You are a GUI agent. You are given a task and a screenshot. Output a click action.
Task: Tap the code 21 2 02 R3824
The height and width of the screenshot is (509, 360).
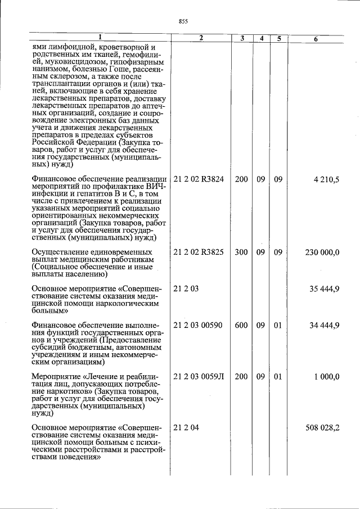pyautogui.click(x=199, y=179)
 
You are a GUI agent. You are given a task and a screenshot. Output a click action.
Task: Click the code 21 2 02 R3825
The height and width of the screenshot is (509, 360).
pyautogui.click(x=199, y=252)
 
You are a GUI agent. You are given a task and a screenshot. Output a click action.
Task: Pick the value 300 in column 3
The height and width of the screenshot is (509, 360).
pyautogui.click(x=241, y=252)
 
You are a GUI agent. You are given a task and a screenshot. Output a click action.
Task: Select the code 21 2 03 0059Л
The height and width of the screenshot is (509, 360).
pyautogui.click(x=199, y=376)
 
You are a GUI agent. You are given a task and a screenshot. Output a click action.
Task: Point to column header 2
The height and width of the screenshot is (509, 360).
pyautogui.click(x=200, y=38)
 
